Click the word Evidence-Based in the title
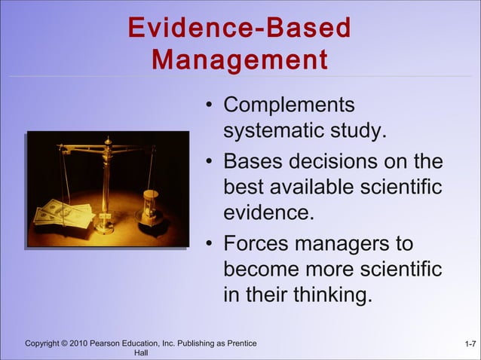point(240,29)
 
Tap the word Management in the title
point(240,59)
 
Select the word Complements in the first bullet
point(289,105)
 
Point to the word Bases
point(253,162)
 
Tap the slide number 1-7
point(470,344)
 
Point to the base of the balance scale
point(104,227)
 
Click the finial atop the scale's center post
point(107,141)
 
